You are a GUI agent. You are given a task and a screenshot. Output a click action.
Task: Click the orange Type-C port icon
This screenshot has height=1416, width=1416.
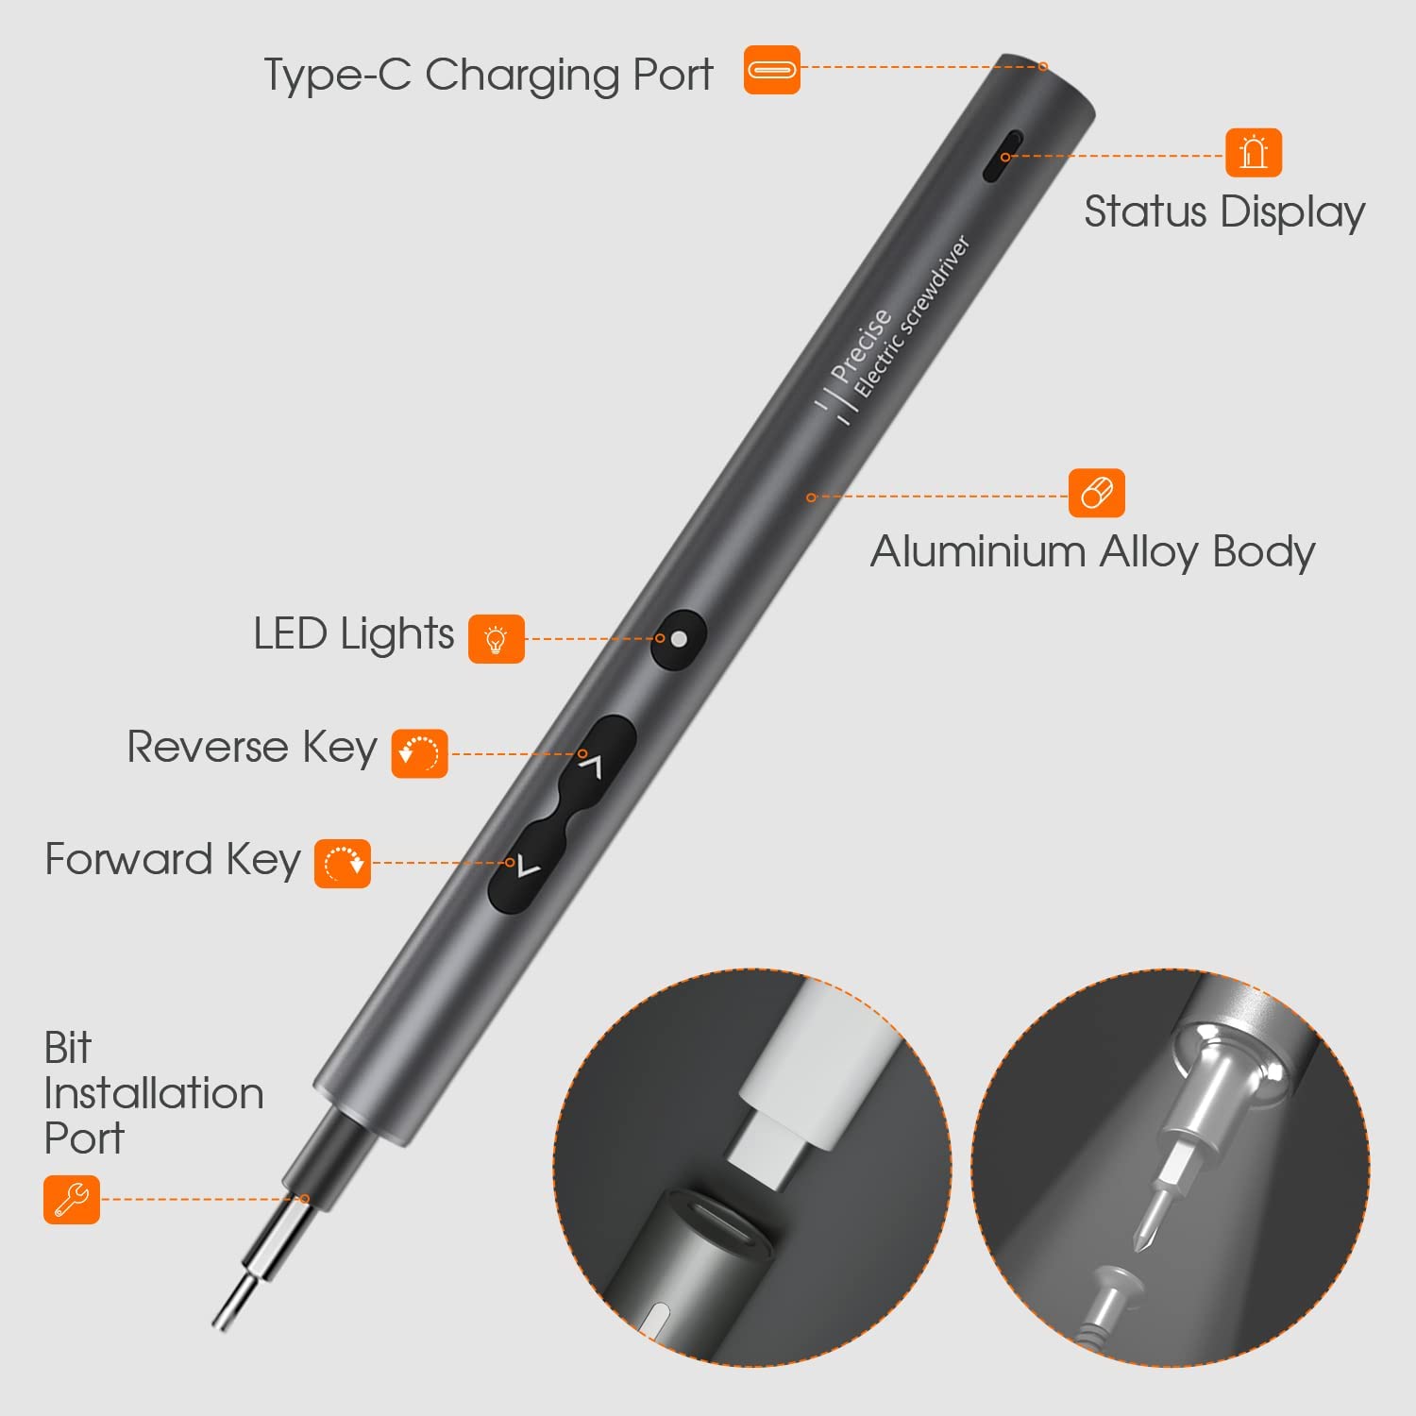pos(772,70)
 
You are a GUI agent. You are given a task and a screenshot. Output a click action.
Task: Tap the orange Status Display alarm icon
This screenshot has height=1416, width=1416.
pos(1254,152)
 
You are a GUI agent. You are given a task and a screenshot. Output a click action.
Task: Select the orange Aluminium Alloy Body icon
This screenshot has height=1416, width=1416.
pos(1097,493)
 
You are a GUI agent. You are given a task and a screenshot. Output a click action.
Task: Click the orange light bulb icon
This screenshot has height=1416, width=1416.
pos(497,639)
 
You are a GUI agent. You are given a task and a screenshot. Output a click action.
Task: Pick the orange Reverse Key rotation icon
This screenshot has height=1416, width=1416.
pos(420,753)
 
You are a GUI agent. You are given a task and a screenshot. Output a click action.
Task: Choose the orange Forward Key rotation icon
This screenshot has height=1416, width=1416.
pos(343,863)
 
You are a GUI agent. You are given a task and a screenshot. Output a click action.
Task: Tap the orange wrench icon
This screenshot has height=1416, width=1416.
pos(72,1199)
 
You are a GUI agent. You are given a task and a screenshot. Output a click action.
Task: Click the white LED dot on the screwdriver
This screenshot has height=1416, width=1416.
pos(678,639)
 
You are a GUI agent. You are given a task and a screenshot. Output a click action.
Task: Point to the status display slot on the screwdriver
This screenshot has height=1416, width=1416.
pos(1003,156)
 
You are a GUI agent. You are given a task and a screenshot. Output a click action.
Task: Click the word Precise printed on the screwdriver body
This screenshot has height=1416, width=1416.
pos(861,346)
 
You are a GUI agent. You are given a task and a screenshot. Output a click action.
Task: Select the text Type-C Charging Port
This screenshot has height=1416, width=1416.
pos(488,75)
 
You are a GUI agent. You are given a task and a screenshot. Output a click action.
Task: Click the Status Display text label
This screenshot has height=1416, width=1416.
pos(1224,211)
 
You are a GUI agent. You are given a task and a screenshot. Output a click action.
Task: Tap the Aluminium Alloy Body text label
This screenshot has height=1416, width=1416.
pos(1092,551)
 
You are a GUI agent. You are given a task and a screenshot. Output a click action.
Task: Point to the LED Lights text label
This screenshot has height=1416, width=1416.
pos(354,634)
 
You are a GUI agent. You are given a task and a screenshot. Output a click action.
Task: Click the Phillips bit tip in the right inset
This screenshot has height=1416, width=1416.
pos(1150,1227)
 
